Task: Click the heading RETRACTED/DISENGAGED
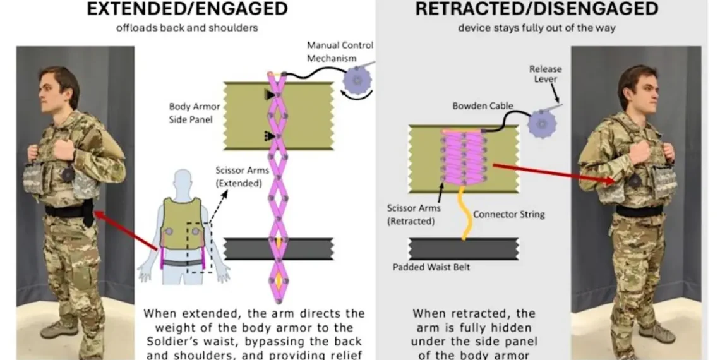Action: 537,9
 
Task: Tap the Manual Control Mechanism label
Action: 340,52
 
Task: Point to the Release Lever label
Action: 545,73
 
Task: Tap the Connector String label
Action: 508,214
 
